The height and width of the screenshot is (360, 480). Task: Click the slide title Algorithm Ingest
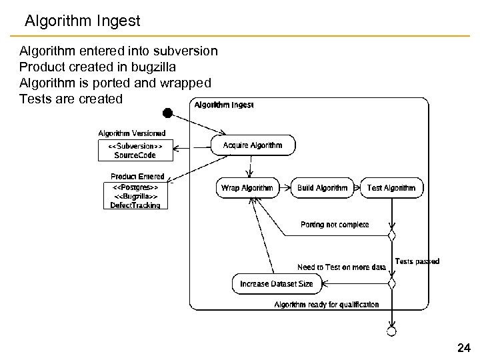[83, 21]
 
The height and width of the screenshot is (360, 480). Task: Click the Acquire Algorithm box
[253, 145]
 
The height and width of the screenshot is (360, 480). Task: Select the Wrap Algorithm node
[247, 188]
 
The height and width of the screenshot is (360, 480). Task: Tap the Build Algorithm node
[323, 188]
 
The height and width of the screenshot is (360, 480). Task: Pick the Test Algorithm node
[391, 188]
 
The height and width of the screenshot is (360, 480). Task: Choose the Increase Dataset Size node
[277, 284]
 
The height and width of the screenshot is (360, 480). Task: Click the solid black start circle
[168, 113]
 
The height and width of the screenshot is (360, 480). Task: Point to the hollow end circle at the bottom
[392, 331]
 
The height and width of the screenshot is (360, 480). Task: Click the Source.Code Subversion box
[135, 150]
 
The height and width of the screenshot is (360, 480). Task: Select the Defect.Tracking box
[135, 197]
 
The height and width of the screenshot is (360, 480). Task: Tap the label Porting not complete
[335, 225]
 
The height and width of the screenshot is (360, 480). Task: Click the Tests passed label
[417, 261]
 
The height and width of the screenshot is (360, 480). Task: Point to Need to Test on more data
[341, 267]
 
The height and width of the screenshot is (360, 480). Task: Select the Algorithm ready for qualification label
[327, 305]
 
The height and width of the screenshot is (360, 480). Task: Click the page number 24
[464, 347]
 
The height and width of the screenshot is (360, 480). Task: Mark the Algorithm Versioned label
[132, 133]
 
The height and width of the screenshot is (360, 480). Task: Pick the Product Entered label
[137, 177]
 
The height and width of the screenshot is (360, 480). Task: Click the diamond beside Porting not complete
[392, 235]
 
